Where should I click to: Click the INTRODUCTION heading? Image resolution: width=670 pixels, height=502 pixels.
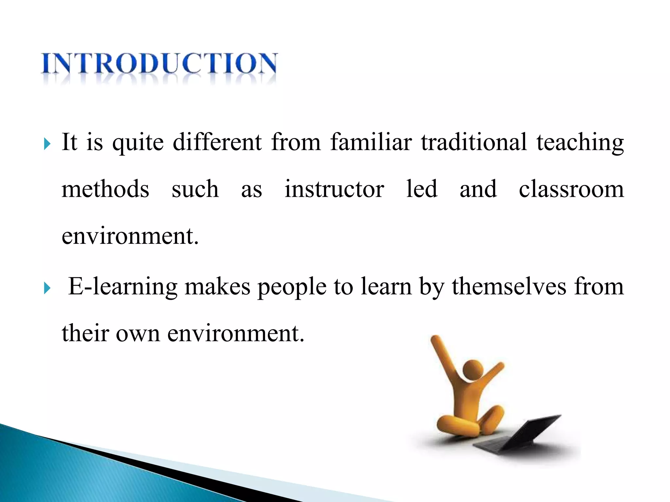[x=159, y=64]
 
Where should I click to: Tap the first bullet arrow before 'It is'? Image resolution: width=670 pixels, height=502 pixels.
[x=47, y=143]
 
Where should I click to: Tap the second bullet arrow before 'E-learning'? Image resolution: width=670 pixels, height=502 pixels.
[x=47, y=288]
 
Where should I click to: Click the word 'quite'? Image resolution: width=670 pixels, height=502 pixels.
[x=138, y=143]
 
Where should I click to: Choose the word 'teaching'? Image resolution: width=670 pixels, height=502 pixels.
[x=580, y=143]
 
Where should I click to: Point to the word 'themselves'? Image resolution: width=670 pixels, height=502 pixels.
[x=509, y=286]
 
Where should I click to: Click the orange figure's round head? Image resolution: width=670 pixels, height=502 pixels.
[x=473, y=370]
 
